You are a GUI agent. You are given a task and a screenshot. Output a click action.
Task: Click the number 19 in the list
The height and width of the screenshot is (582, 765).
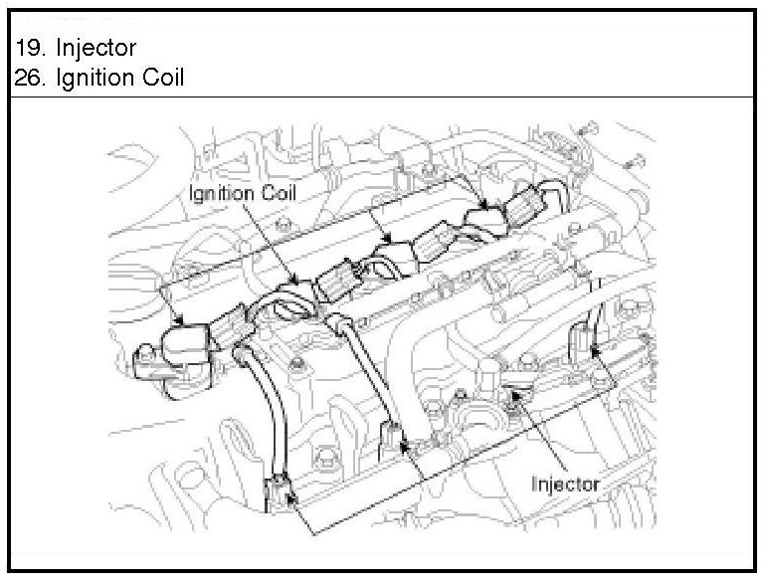(x=28, y=48)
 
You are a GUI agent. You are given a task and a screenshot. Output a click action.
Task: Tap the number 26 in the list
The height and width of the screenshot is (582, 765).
(x=29, y=78)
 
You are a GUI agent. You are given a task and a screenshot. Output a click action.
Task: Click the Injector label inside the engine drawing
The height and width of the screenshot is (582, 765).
(x=565, y=484)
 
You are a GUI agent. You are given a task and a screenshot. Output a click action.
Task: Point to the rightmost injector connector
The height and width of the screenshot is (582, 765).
(x=584, y=344)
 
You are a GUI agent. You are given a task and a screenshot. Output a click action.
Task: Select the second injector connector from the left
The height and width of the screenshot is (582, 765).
(x=394, y=438)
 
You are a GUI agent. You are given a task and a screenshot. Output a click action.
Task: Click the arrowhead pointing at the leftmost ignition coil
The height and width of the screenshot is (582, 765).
(x=180, y=321)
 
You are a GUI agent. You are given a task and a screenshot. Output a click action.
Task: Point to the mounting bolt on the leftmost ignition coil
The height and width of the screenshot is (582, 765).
(x=145, y=355)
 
